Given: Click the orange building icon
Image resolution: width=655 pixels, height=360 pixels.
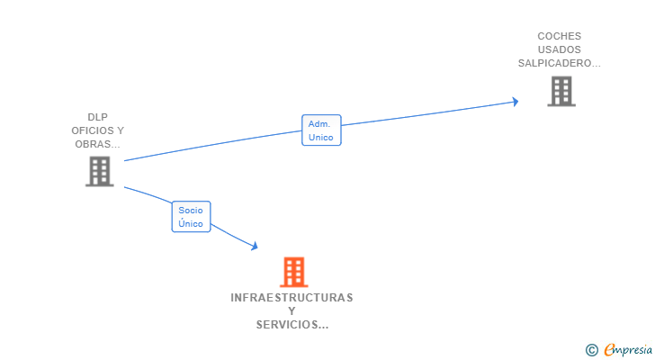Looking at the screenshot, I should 293,272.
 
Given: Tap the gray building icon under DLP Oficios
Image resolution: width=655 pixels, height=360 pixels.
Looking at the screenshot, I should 100,171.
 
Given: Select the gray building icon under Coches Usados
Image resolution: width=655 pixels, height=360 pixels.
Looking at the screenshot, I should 561,91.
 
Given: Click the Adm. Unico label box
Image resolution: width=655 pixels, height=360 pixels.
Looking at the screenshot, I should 321,130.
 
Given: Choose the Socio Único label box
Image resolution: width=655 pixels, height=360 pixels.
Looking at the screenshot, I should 191,216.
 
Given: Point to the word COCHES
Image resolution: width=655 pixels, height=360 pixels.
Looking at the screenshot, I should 560,37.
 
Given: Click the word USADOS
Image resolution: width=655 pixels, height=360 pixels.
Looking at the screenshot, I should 560,50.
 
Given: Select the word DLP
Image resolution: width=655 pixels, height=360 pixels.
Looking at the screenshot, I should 98,117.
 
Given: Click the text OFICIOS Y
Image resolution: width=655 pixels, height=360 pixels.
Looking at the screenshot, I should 98,130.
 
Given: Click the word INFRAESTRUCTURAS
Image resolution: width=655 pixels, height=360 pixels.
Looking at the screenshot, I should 292,298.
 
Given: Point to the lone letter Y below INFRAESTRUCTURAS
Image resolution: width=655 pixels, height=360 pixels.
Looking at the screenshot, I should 292,311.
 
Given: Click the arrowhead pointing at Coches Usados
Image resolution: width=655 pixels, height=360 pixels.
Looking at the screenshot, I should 515,101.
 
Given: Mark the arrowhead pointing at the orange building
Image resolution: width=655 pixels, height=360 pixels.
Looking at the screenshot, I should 255,246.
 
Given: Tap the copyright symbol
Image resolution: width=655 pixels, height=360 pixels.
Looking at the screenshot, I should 592,350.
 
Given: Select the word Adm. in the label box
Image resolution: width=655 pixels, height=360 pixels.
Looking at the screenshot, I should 319,124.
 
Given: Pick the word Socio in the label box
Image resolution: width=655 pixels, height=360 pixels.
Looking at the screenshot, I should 191,210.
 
